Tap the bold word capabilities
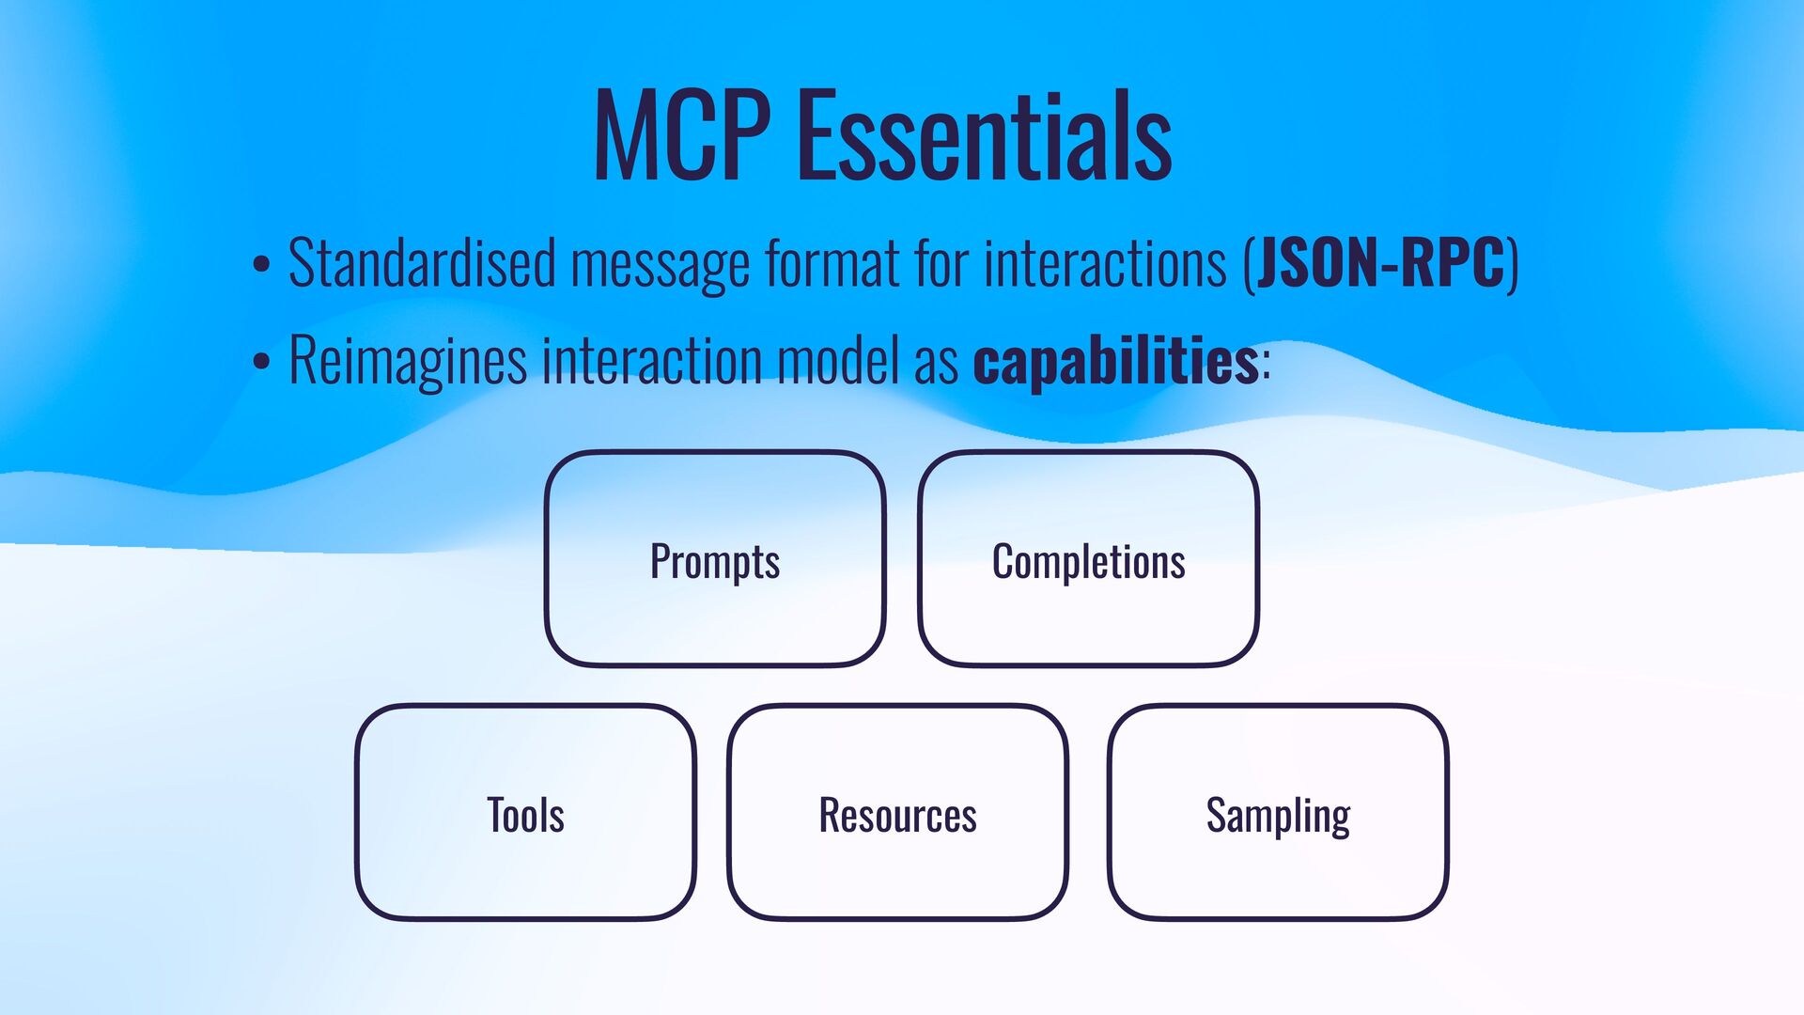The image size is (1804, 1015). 1115,361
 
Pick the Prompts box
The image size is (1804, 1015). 715,560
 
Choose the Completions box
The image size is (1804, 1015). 1088,560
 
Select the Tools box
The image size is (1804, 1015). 525,813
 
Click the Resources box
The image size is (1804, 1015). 897,813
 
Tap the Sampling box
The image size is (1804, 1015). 1278,813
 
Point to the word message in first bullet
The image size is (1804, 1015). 661,264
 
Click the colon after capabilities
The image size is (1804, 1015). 1267,364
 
